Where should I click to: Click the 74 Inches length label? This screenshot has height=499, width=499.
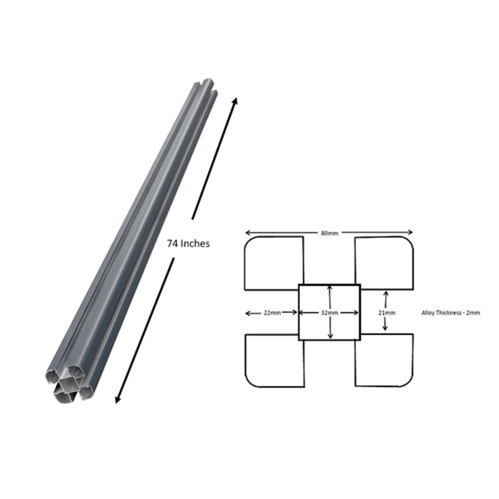tap(188, 243)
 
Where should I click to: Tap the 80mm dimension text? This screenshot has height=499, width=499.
tap(329, 233)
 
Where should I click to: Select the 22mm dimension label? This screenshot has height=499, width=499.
tap(272, 313)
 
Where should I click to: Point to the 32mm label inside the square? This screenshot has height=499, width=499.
tap(329, 313)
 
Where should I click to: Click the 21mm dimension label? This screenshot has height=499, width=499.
tap(387, 313)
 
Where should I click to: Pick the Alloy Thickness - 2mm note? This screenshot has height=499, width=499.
tap(450, 313)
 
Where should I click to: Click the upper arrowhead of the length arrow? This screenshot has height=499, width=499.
tap(235, 101)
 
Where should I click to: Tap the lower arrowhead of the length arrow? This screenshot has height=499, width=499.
tap(118, 399)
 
